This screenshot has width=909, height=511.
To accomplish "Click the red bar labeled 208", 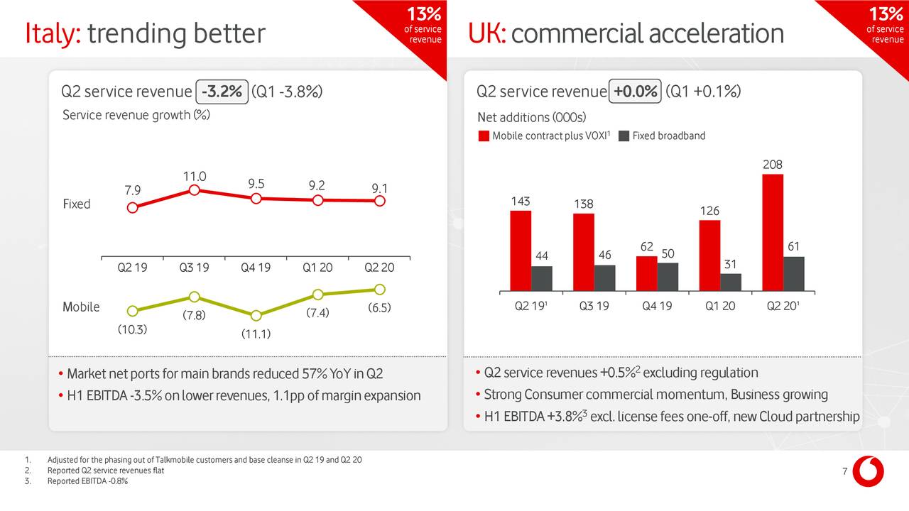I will (773, 232).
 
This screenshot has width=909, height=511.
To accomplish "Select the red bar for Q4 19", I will (646, 273).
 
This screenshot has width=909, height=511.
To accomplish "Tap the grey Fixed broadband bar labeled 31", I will (731, 282).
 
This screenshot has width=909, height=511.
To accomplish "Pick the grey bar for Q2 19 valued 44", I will (542, 278).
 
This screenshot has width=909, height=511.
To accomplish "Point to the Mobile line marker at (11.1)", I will (256, 316).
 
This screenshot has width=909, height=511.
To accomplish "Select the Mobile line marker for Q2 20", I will (380, 289).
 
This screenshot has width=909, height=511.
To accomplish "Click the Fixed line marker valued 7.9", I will (132, 208).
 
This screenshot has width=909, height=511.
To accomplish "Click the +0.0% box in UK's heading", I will (636, 92).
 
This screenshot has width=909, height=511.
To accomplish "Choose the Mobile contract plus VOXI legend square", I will (484, 136).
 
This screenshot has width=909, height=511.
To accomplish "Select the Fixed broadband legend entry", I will (662, 136).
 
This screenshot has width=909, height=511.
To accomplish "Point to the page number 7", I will (844, 473).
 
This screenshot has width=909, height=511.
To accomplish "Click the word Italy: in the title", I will (53, 33).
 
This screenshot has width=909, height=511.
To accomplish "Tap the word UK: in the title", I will (486, 33).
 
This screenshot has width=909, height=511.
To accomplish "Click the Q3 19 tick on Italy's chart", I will (194, 268).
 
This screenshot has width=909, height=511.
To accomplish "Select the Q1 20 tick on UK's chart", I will (719, 307).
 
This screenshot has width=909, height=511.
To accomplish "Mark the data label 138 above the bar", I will (584, 204).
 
